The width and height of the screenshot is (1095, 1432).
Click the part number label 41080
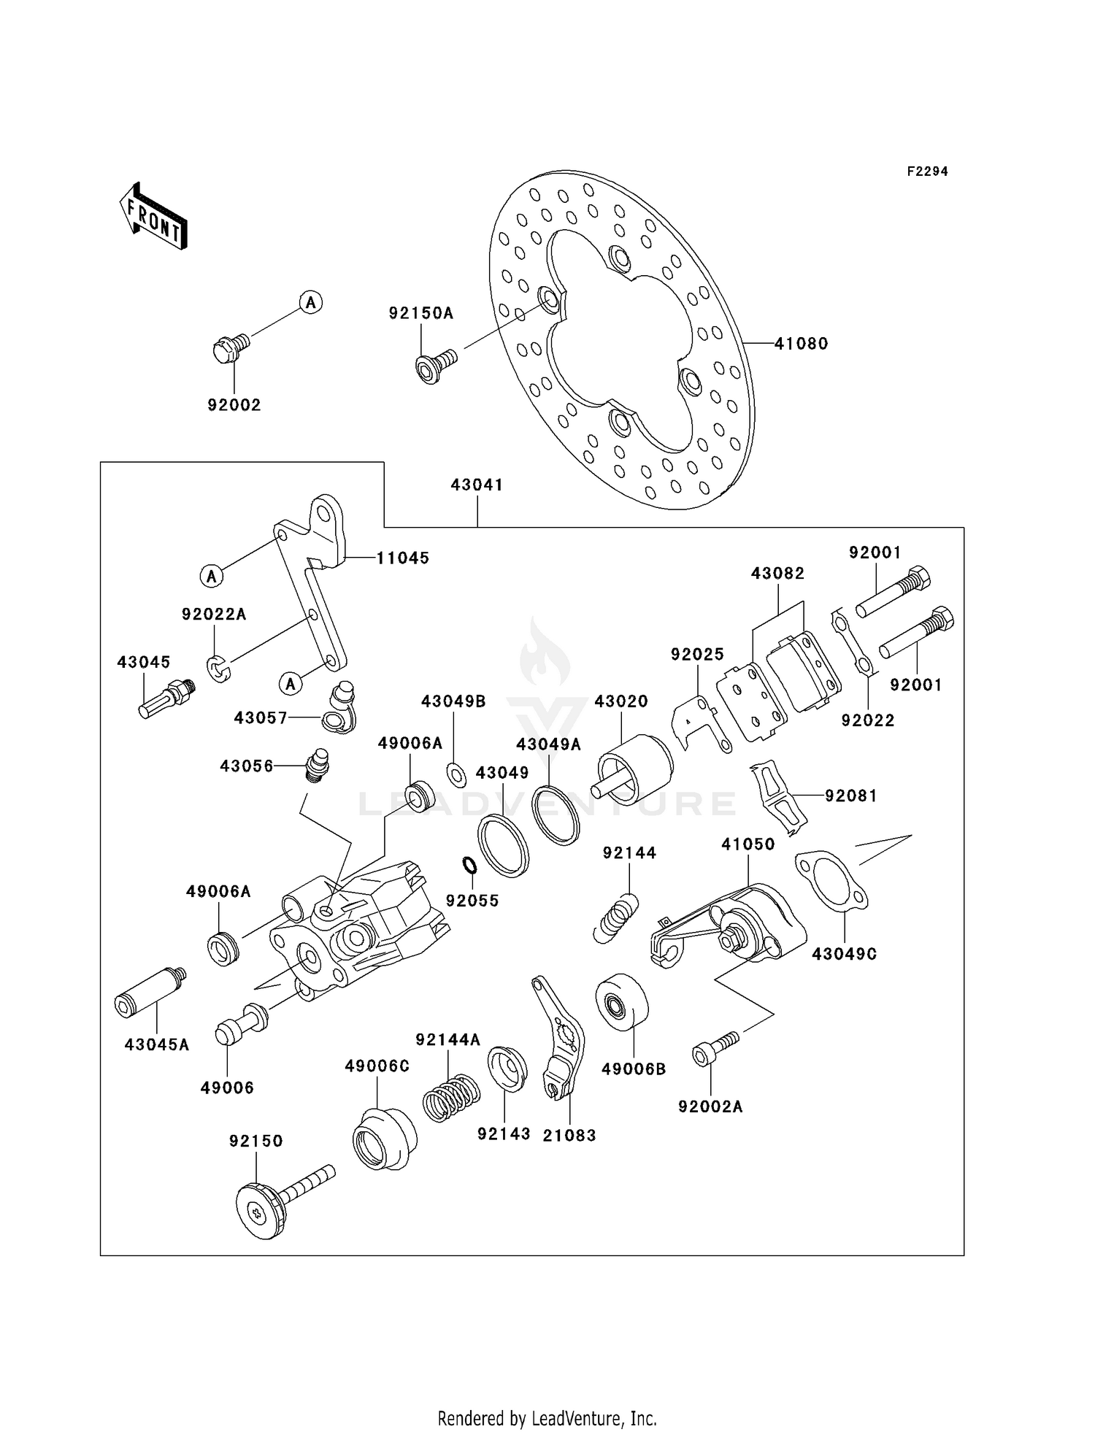tap(801, 344)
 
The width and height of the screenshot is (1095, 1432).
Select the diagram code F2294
tap(927, 172)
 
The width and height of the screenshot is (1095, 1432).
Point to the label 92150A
tap(420, 314)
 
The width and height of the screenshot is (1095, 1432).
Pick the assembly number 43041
tap(477, 485)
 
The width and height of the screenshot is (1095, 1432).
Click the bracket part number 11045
tap(403, 558)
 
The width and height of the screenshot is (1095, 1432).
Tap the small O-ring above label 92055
tap(469, 866)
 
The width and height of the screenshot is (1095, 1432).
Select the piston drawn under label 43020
tap(634, 769)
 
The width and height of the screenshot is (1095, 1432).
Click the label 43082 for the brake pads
tap(777, 574)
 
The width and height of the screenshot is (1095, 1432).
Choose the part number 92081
tap(850, 796)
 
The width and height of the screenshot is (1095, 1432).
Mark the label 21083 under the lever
tap(569, 1136)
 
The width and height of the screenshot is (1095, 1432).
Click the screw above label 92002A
tap(714, 1047)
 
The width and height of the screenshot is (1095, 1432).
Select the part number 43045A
tap(156, 1045)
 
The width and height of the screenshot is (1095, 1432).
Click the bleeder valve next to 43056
tap(316, 764)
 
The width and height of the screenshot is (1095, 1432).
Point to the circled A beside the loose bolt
tap(311, 301)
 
